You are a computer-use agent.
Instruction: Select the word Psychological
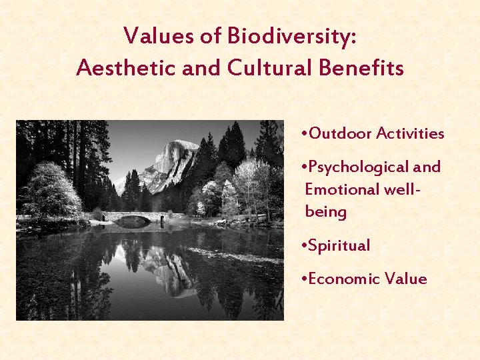click(361, 167)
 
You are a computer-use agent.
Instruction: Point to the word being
click(325, 213)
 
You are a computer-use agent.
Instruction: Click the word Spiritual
click(339, 246)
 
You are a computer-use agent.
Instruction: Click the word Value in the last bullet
click(406, 279)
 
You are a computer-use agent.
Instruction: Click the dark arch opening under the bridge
click(133, 222)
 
